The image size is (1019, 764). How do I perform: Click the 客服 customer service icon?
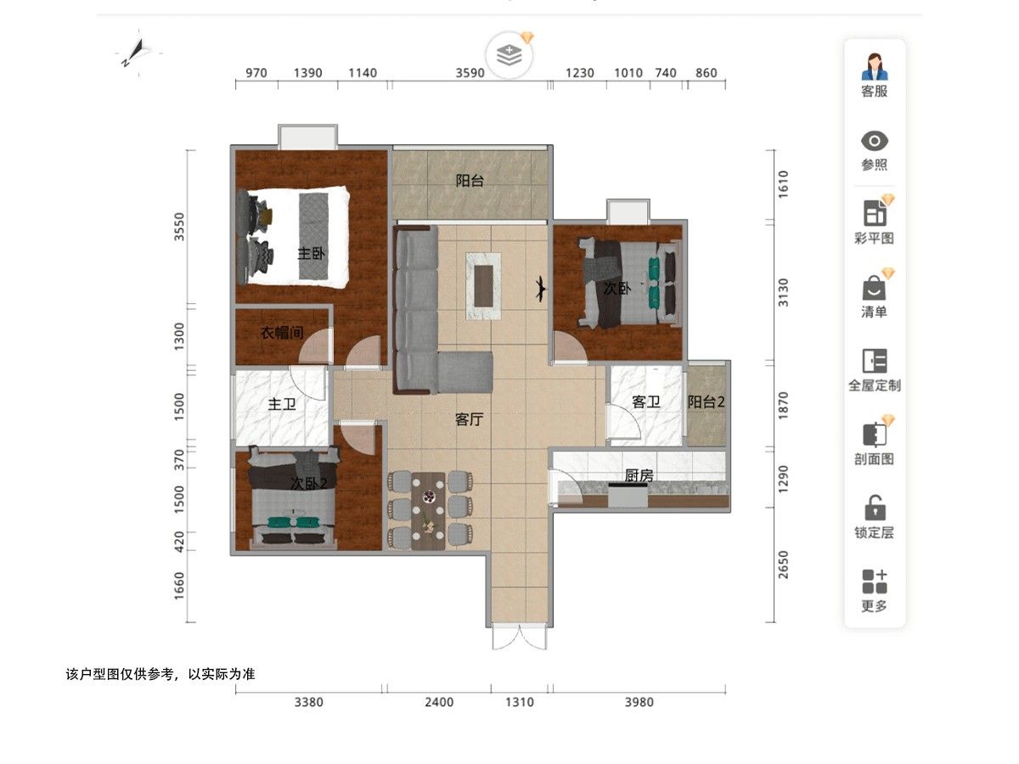874,67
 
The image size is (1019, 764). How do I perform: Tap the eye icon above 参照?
874,141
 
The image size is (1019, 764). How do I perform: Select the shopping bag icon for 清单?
874,288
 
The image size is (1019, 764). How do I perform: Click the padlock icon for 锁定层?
875,508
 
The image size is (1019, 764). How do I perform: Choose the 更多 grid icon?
875,581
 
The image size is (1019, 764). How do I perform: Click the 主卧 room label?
311,253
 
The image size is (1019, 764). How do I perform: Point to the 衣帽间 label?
282,332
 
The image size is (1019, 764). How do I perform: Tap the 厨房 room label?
639,475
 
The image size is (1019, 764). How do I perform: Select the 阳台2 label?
706,402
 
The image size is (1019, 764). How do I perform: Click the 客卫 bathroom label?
645,402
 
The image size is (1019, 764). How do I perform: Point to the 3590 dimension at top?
470,73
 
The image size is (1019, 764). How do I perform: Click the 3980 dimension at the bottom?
639,702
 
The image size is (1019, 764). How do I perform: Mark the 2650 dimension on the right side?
783,565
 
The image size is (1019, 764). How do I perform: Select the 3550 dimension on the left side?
178,227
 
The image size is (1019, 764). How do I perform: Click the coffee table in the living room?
483,286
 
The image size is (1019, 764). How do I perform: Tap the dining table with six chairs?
428,511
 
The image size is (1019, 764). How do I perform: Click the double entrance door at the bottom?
520,638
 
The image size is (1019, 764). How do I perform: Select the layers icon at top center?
509,55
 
